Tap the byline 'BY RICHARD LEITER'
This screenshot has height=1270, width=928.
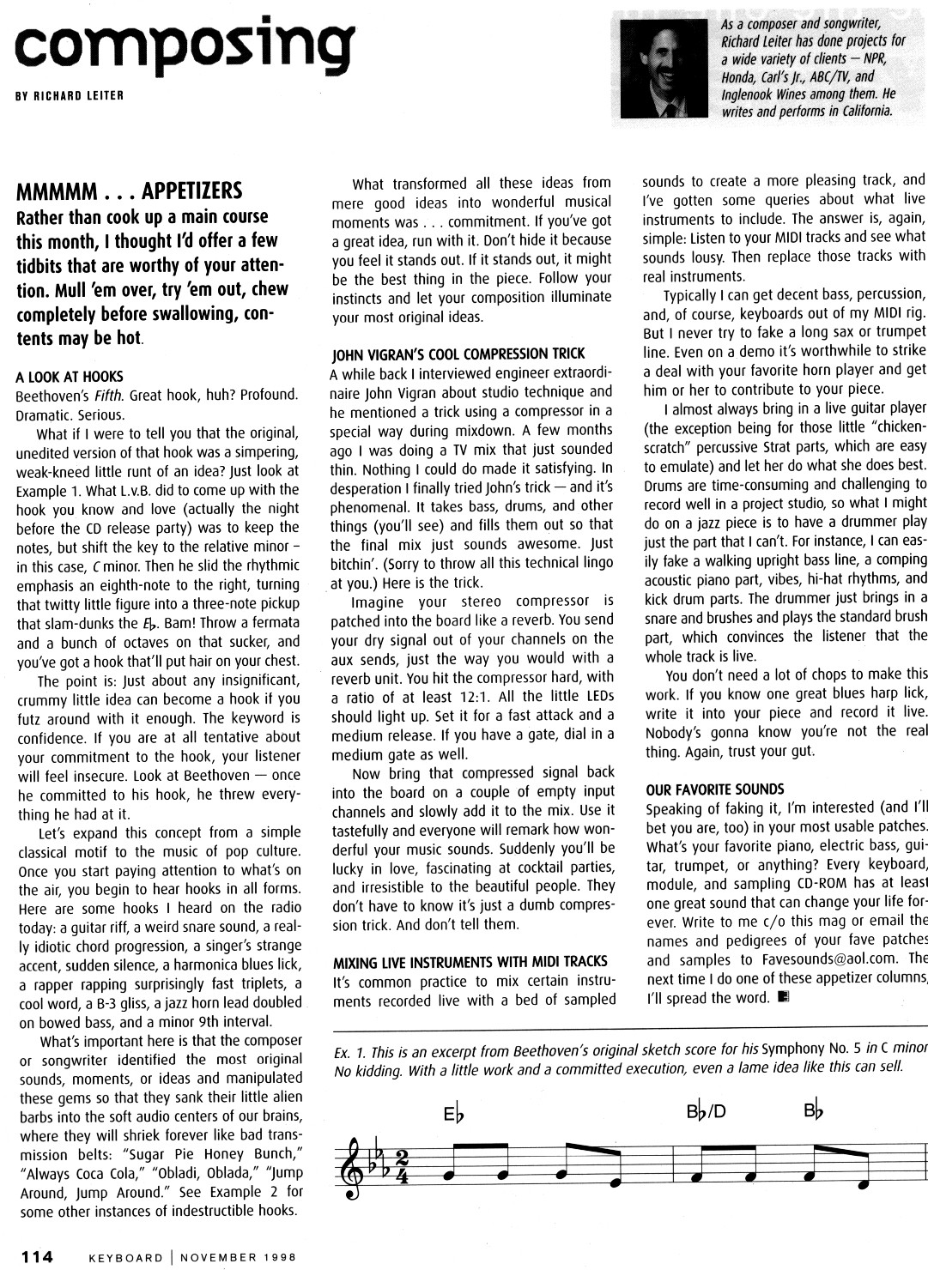70,95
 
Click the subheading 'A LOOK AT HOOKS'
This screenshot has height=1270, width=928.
70,376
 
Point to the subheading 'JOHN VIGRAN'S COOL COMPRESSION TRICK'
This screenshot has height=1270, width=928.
458,354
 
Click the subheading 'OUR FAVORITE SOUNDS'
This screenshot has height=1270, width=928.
714,789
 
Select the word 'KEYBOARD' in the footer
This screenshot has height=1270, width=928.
126,1257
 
